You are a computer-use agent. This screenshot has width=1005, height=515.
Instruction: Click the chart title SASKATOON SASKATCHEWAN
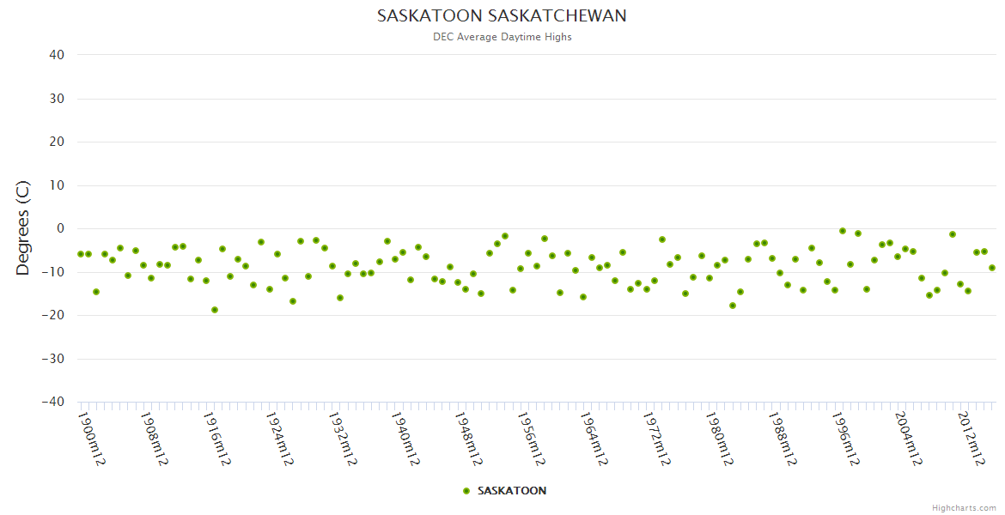tap(502, 16)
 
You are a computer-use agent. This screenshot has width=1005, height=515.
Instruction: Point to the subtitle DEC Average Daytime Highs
tap(502, 37)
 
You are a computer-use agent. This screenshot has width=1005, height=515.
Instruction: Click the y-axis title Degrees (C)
tap(23, 228)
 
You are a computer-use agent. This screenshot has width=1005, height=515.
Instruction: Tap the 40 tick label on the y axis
tap(57, 55)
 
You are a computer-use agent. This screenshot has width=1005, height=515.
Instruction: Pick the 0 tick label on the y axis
tap(60, 228)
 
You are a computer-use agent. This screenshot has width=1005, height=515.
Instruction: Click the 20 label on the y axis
tap(57, 142)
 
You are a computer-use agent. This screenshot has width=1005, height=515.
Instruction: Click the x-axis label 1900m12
tap(92, 439)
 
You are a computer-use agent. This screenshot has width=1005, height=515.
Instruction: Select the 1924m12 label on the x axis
tap(280, 439)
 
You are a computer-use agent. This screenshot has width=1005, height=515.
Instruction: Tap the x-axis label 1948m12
tap(468, 439)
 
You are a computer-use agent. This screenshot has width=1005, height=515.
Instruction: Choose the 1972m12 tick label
tap(656, 439)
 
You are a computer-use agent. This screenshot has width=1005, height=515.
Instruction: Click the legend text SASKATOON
tap(511, 491)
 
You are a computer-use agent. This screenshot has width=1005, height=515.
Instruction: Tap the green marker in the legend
tap(466, 491)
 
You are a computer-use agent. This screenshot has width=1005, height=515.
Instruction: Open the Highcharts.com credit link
tap(964, 508)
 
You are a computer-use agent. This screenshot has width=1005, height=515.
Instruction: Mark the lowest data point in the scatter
tap(215, 310)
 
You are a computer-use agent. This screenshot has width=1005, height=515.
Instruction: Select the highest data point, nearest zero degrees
tap(842, 231)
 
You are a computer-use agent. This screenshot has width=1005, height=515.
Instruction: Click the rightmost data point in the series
tap(992, 268)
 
